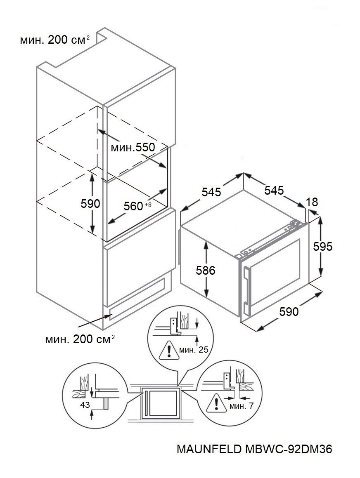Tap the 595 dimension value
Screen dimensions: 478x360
pos(323,246)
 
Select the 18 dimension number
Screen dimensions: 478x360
pos(313,202)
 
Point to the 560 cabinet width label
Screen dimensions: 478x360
pos(133,206)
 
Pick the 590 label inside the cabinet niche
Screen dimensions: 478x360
pos(90,203)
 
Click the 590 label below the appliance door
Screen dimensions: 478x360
pos(289,312)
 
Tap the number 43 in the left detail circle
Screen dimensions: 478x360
pos(85,405)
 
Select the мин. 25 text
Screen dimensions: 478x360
pos(193,350)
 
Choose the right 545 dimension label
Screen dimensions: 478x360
pos(274,190)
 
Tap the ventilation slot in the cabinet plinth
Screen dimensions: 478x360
pos(136,298)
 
